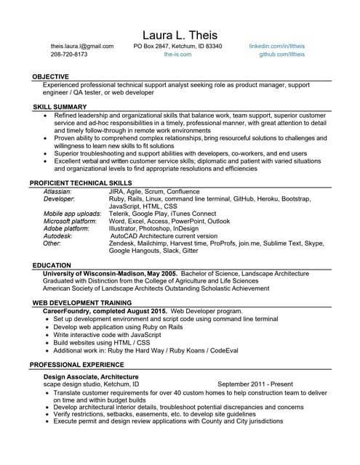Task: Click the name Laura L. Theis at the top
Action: (x=180, y=35)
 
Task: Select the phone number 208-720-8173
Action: (x=69, y=54)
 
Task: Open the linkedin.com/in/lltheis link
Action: (x=277, y=46)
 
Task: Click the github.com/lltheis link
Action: (x=282, y=54)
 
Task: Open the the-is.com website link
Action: (x=177, y=54)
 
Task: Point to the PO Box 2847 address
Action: (x=177, y=46)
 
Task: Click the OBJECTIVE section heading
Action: (x=51, y=76)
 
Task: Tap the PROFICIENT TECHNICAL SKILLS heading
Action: (x=81, y=182)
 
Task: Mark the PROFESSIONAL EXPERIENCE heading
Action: (x=77, y=363)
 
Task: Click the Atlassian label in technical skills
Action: (x=57, y=190)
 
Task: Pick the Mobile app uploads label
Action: (x=72, y=214)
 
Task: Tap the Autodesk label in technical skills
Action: (x=57, y=236)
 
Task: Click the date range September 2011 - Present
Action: (x=255, y=384)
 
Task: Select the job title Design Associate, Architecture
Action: (x=91, y=377)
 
